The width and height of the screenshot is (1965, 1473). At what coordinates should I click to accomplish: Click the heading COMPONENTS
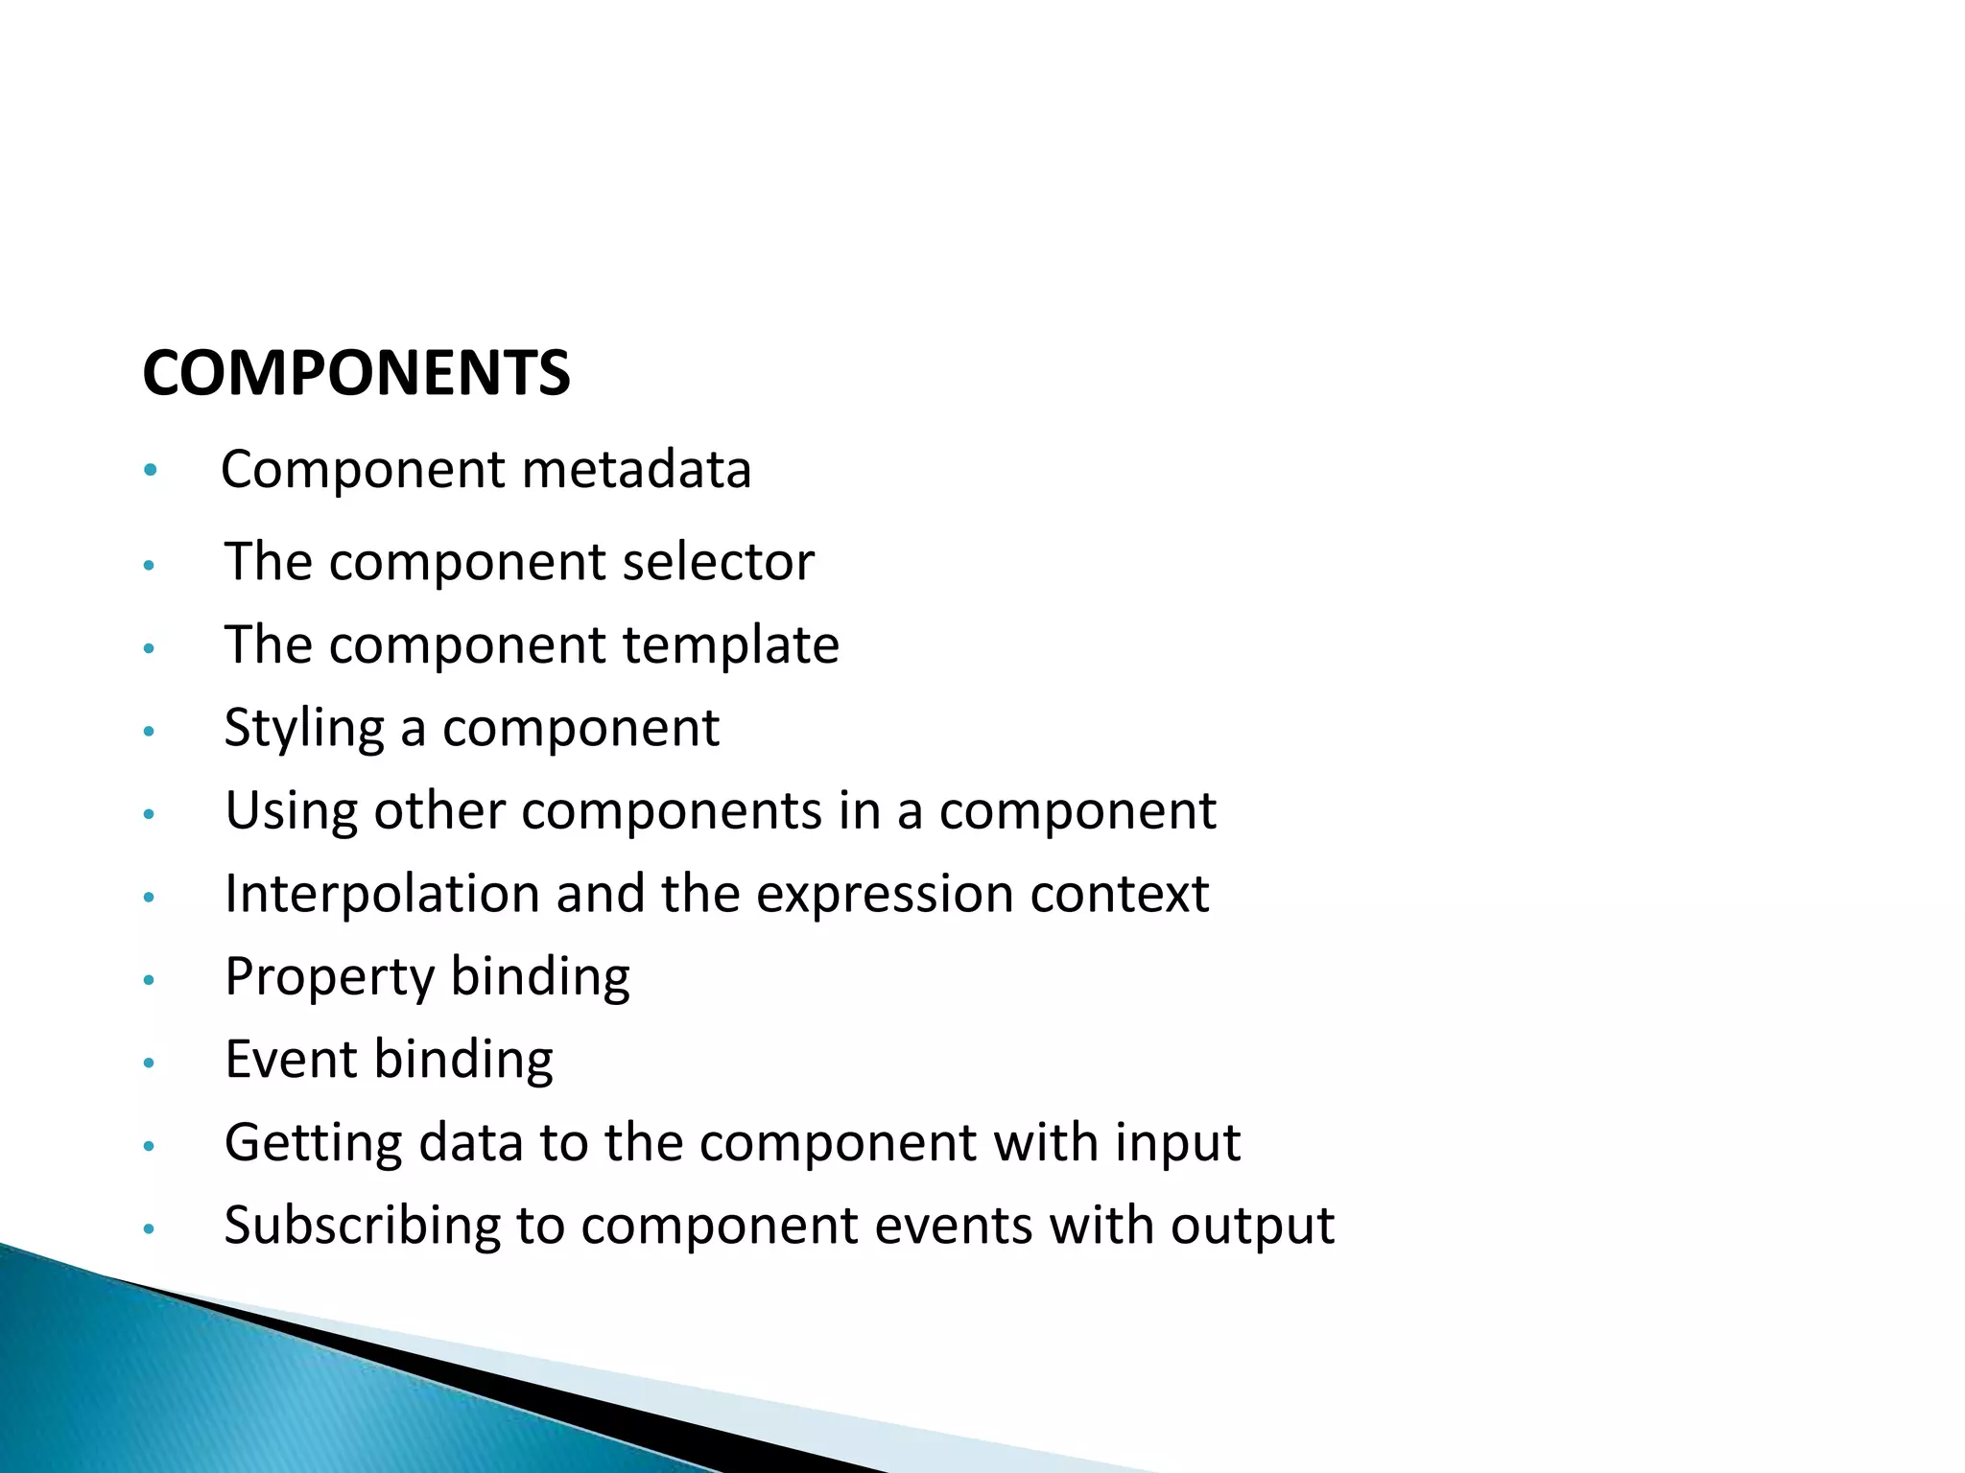point(356,373)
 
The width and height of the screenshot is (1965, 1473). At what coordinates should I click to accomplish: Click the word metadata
point(636,470)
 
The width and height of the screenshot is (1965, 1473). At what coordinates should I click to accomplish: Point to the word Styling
point(304,729)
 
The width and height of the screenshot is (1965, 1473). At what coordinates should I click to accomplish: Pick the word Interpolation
point(382,894)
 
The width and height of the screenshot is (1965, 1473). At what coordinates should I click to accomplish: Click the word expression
point(885,894)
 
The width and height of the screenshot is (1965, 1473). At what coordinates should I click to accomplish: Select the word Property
point(330,978)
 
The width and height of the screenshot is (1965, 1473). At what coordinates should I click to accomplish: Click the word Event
point(291,1060)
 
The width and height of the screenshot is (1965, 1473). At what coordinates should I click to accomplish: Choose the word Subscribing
point(362,1227)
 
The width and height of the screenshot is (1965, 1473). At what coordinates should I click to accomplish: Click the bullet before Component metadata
point(149,471)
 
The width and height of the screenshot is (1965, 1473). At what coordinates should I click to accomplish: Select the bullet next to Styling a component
point(148,732)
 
